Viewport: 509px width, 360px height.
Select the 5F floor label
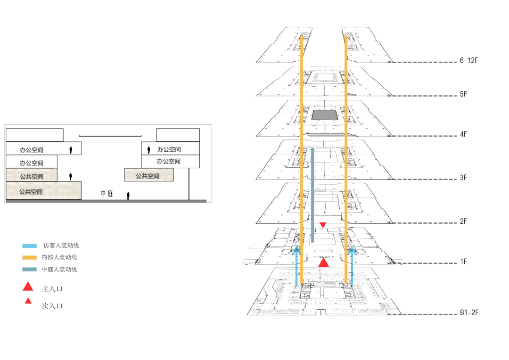463,94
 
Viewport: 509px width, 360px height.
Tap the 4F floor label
463,134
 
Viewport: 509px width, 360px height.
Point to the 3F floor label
463,178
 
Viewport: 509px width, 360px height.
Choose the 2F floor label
463,221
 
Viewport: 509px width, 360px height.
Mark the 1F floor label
463,261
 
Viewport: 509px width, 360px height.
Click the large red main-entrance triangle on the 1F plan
323,263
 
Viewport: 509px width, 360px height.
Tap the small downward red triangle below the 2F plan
323,225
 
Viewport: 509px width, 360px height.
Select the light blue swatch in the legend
29,245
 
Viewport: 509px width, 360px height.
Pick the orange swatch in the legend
29,257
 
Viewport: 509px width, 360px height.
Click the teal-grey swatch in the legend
29,270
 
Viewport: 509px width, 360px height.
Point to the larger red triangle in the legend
28,286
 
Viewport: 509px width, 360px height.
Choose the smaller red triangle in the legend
28,301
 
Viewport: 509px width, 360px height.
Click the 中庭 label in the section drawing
107,194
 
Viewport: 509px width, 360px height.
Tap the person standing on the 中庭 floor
128,195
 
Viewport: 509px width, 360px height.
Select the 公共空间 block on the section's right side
149,175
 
